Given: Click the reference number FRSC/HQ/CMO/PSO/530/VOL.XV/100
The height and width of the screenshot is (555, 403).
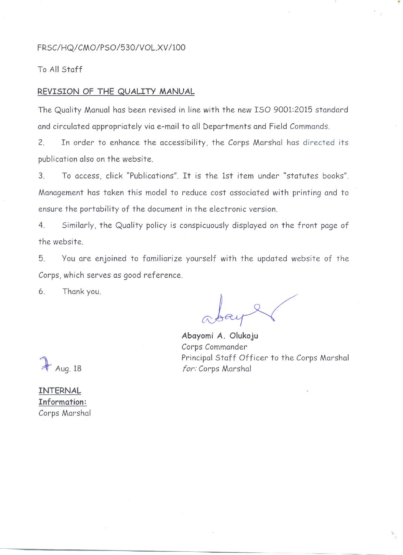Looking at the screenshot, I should (111, 47).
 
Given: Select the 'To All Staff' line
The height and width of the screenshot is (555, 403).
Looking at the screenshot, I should (60, 69).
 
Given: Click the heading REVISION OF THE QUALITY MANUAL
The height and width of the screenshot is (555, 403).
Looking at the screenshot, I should (116, 91).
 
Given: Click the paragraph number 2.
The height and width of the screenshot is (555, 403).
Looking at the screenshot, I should (41, 143).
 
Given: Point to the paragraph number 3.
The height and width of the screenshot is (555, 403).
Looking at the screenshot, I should (41, 176).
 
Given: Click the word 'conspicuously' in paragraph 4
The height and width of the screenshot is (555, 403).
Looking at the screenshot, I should (204, 225).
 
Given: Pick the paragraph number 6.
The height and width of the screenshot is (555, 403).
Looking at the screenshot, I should (41, 292).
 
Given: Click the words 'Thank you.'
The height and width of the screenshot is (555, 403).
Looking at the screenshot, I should (81, 292).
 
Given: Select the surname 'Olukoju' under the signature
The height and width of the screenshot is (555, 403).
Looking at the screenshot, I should (244, 336).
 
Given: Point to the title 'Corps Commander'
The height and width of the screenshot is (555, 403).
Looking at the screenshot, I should (214, 347).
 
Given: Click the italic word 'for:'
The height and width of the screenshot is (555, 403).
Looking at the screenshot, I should (189, 369).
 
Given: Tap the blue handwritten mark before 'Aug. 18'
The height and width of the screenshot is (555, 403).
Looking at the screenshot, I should (45, 364).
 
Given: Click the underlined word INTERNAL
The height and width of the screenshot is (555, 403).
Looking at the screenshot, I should (60, 391).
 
